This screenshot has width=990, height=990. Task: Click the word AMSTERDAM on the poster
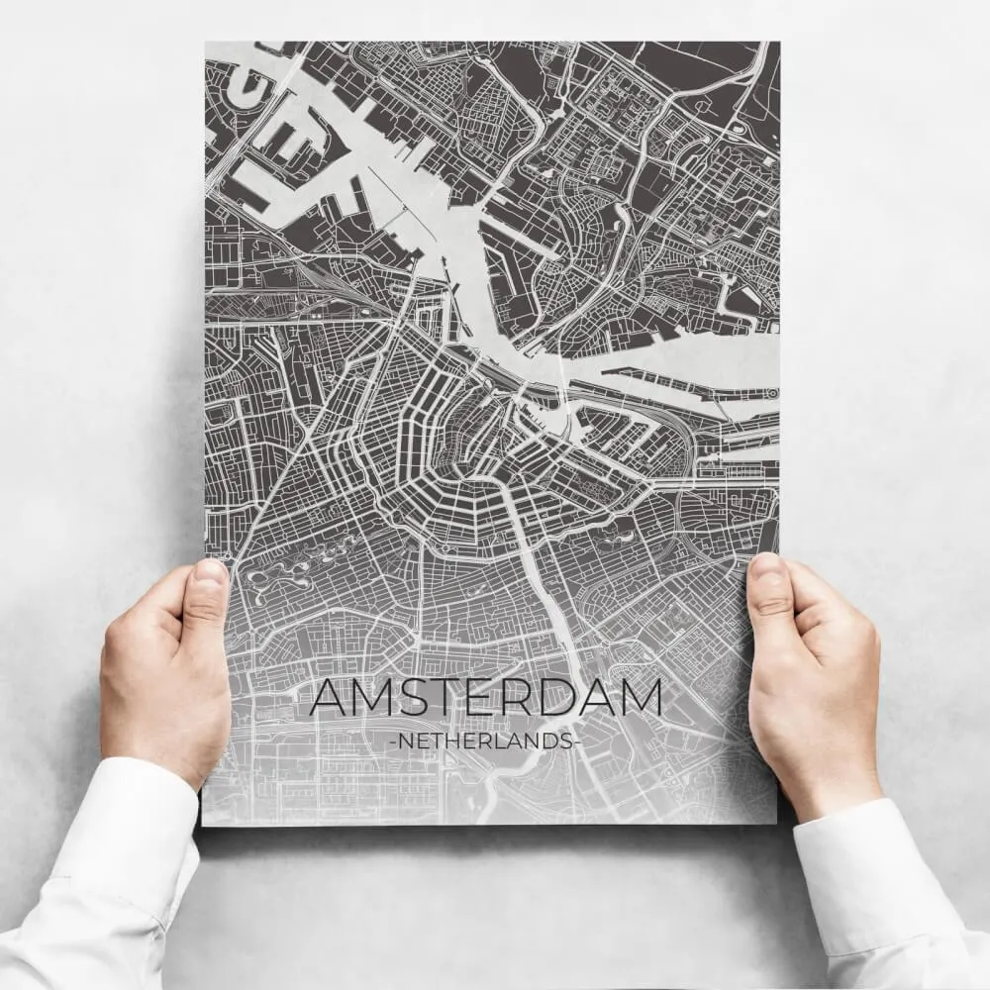point(485,698)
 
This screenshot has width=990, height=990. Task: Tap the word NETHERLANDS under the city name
point(484,741)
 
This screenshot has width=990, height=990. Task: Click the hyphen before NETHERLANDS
point(394,741)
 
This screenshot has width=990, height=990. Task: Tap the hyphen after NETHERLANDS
point(573,741)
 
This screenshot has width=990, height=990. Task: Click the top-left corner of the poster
point(206,43)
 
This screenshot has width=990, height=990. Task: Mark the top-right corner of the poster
point(778,43)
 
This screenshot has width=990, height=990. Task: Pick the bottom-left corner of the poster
point(203,824)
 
